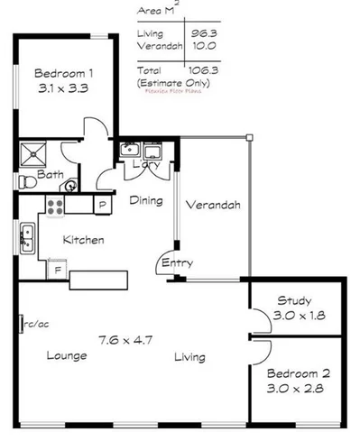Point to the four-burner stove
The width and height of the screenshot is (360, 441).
pos(55,206)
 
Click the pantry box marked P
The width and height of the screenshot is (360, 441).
pos(102,205)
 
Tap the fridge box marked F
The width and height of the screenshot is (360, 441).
pos(57,270)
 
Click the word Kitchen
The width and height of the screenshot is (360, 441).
pos(83,240)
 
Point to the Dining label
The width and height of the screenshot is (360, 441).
pos(145,200)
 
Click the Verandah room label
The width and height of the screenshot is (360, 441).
pos(213,205)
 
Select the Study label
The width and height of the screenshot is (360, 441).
pos(293,300)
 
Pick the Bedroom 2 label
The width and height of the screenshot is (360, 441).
pos(297,373)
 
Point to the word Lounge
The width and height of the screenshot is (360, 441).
pos(67,355)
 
